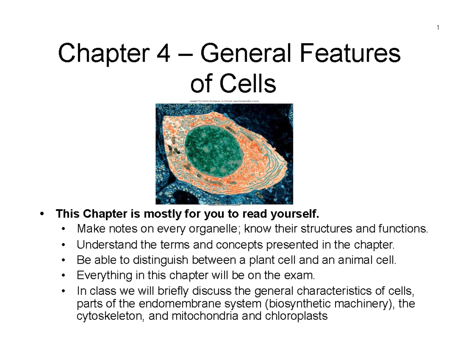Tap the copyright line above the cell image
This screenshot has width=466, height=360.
[x=224, y=101]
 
